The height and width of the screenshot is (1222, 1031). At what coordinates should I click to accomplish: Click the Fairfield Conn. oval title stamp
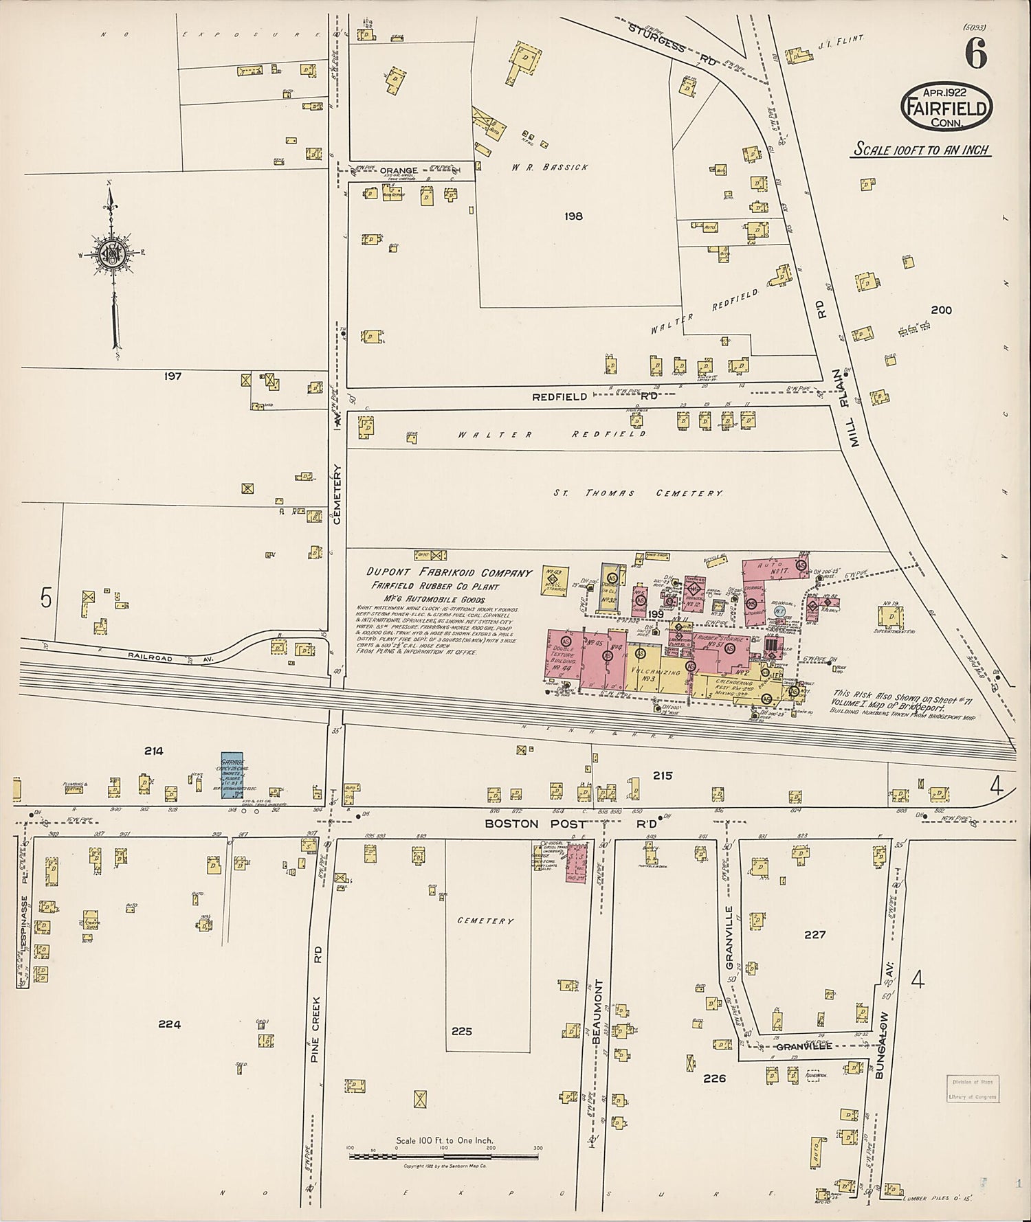[x=947, y=107]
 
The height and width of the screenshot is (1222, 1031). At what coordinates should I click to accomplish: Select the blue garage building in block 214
[x=232, y=776]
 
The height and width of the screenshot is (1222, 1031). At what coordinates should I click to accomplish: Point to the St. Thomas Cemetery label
[x=639, y=493]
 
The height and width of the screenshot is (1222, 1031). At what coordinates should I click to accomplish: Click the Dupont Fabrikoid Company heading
[x=449, y=573]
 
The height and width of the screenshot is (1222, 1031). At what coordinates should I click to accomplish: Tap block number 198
[x=573, y=216]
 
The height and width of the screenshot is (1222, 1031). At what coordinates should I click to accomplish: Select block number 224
[x=169, y=1024]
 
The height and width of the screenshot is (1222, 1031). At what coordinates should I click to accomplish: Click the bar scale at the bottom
[x=443, y=1157]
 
